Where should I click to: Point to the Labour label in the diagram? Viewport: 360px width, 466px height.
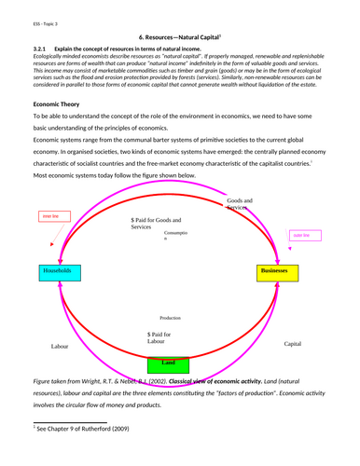point(60,346)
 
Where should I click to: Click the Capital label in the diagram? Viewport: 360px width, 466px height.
point(294,343)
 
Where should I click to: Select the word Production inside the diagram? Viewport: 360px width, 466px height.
point(170,318)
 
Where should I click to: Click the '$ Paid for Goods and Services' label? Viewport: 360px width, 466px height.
point(160,223)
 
